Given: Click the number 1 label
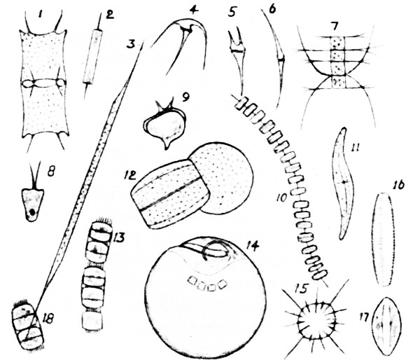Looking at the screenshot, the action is pyautogui.click(x=40, y=15).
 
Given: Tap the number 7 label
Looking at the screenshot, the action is pyautogui.click(x=335, y=27).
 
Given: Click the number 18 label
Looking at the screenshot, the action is pyautogui.click(x=48, y=319).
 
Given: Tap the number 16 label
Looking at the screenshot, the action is pyautogui.click(x=399, y=185).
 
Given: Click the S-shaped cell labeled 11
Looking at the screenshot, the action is pyautogui.click(x=343, y=184).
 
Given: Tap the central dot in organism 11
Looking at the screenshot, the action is pyautogui.click(x=344, y=182).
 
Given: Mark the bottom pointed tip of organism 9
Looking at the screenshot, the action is pyautogui.click(x=167, y=148).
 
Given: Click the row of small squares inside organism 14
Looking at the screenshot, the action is pyautogui.click(x=207, y=284).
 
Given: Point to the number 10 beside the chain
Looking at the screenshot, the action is pyautogui.click(x=281, y=198).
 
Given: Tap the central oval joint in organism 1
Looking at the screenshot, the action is pyautogui.click(x=43, y=83).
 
